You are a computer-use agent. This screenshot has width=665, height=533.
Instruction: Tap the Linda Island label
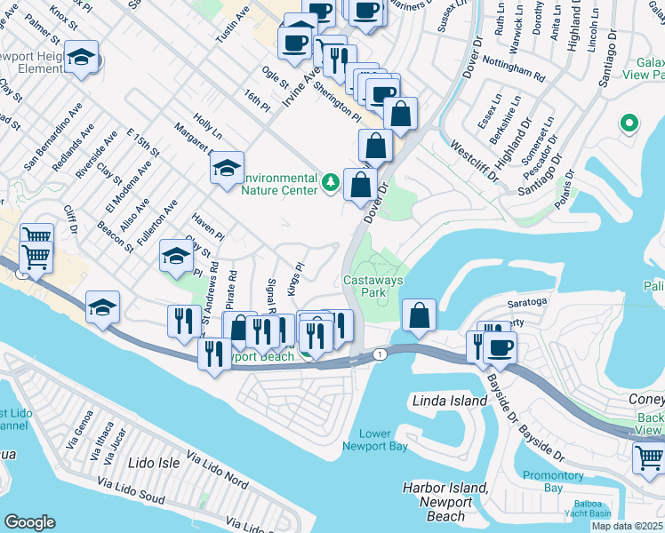click(450, 401)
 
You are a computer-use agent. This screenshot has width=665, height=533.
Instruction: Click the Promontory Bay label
click(553, 481)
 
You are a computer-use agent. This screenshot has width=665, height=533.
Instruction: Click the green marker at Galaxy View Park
click(629, 123)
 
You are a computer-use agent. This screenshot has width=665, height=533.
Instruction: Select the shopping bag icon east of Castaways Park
click(419, 314)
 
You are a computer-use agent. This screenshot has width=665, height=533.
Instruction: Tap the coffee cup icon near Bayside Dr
click(501, 346)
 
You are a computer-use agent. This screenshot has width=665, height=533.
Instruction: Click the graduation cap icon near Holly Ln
click(227, 165)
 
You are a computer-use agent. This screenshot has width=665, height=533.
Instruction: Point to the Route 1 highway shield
click(381, 354)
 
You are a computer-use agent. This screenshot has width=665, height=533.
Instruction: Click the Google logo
click(29, 521)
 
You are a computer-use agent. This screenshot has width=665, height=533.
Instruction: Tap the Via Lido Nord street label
click(217, 470)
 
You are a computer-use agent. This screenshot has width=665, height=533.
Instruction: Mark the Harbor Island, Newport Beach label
click(445, 501)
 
